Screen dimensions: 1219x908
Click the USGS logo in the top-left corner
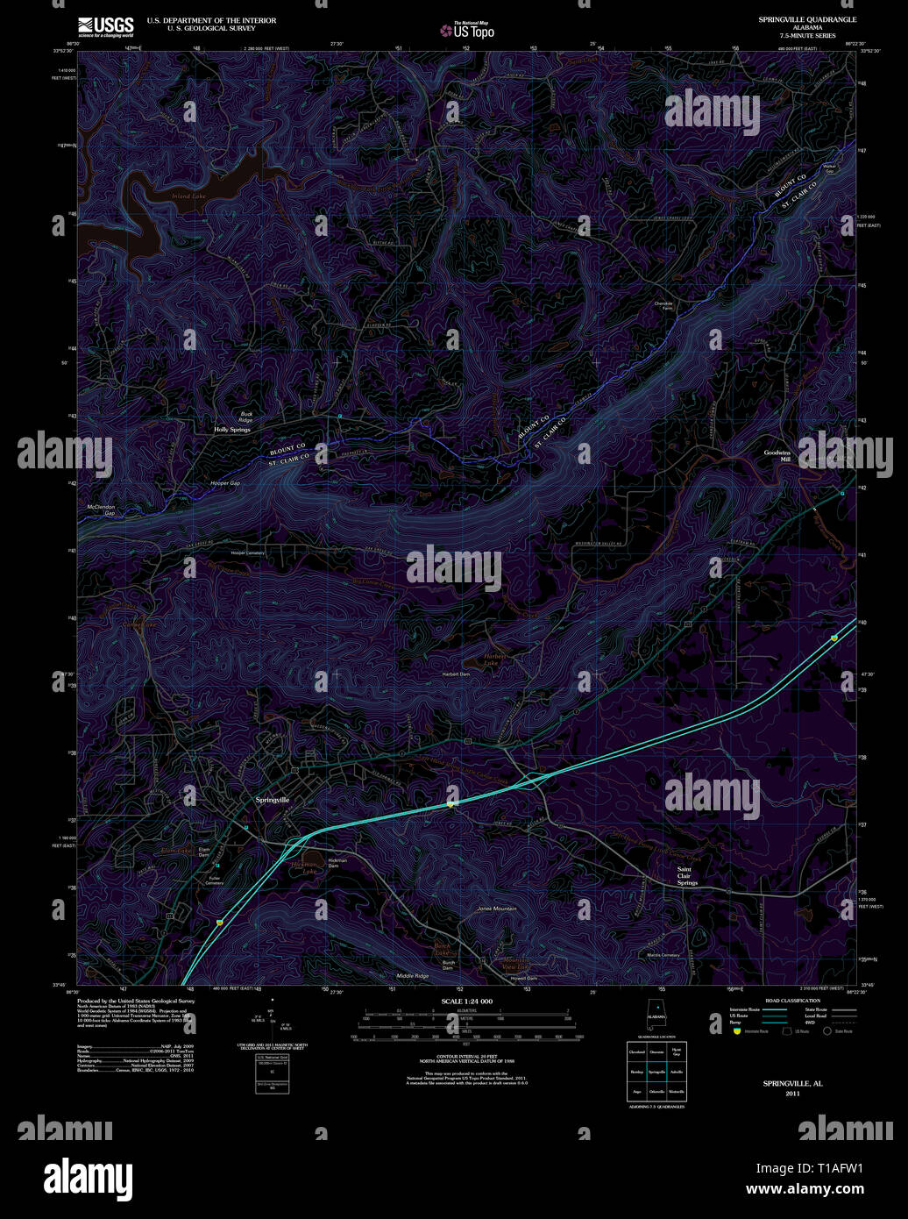105,25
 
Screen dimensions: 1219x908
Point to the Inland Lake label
188,196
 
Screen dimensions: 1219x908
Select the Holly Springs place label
232,430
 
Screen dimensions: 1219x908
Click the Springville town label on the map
272,801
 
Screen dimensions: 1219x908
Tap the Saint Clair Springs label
686,876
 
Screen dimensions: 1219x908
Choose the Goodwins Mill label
777,455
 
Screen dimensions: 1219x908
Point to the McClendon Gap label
101,510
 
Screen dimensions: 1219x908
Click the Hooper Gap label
225,483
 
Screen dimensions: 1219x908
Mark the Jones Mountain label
497,909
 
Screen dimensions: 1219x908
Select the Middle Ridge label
413,976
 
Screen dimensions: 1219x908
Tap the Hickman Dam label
337,863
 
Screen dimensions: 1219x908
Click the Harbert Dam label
455,674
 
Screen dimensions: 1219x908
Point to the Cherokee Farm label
666,306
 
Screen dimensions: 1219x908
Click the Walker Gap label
828,168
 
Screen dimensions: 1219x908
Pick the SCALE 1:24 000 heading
466,1002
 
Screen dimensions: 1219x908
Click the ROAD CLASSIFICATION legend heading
792,1001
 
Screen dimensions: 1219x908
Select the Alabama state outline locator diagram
656,1016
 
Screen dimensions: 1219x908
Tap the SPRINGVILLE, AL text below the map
792,1084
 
